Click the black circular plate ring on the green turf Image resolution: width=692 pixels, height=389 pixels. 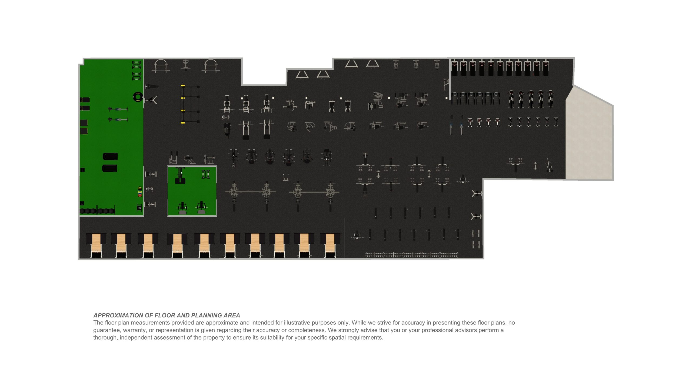138,96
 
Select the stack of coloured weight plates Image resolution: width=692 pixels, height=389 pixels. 140,191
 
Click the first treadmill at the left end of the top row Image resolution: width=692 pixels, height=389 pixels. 454,68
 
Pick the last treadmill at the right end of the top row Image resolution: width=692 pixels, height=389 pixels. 546,68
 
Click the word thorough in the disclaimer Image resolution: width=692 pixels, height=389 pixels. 105,337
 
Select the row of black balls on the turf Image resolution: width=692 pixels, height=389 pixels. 97,211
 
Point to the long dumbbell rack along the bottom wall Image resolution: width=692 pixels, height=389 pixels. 411,254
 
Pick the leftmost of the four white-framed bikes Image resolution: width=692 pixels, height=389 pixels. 470,122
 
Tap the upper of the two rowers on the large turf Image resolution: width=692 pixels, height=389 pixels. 118,109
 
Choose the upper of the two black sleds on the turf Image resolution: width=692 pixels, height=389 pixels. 110,156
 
